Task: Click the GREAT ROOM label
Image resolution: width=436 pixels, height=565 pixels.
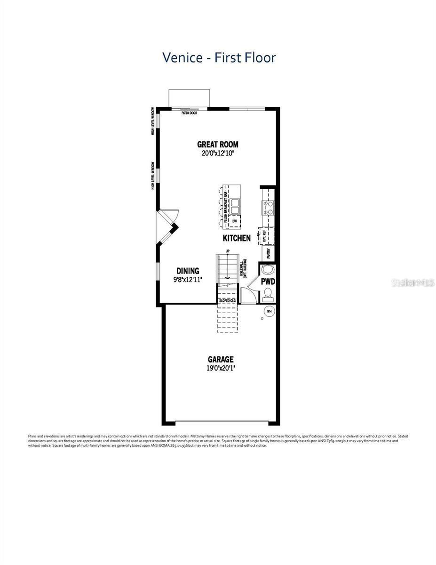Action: coord(217,145)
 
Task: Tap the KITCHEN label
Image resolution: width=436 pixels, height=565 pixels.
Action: coord(237,238)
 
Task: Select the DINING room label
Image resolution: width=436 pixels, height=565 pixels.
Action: coord(188,271)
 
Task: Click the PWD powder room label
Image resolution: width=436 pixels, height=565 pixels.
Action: coord(268,282)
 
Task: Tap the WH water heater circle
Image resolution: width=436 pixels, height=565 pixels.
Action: coord(270,311)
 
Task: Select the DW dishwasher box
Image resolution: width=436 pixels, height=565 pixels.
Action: coord(234,220)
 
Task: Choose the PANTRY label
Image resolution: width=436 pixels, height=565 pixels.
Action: coord(269,253)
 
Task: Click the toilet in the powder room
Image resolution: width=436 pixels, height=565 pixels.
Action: coord(268,293)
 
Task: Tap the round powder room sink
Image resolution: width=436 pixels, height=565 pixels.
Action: coord(267,270)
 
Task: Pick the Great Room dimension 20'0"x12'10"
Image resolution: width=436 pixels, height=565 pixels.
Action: coord(217,153)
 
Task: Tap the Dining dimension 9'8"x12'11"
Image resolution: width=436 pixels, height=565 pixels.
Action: coord(188,279)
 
